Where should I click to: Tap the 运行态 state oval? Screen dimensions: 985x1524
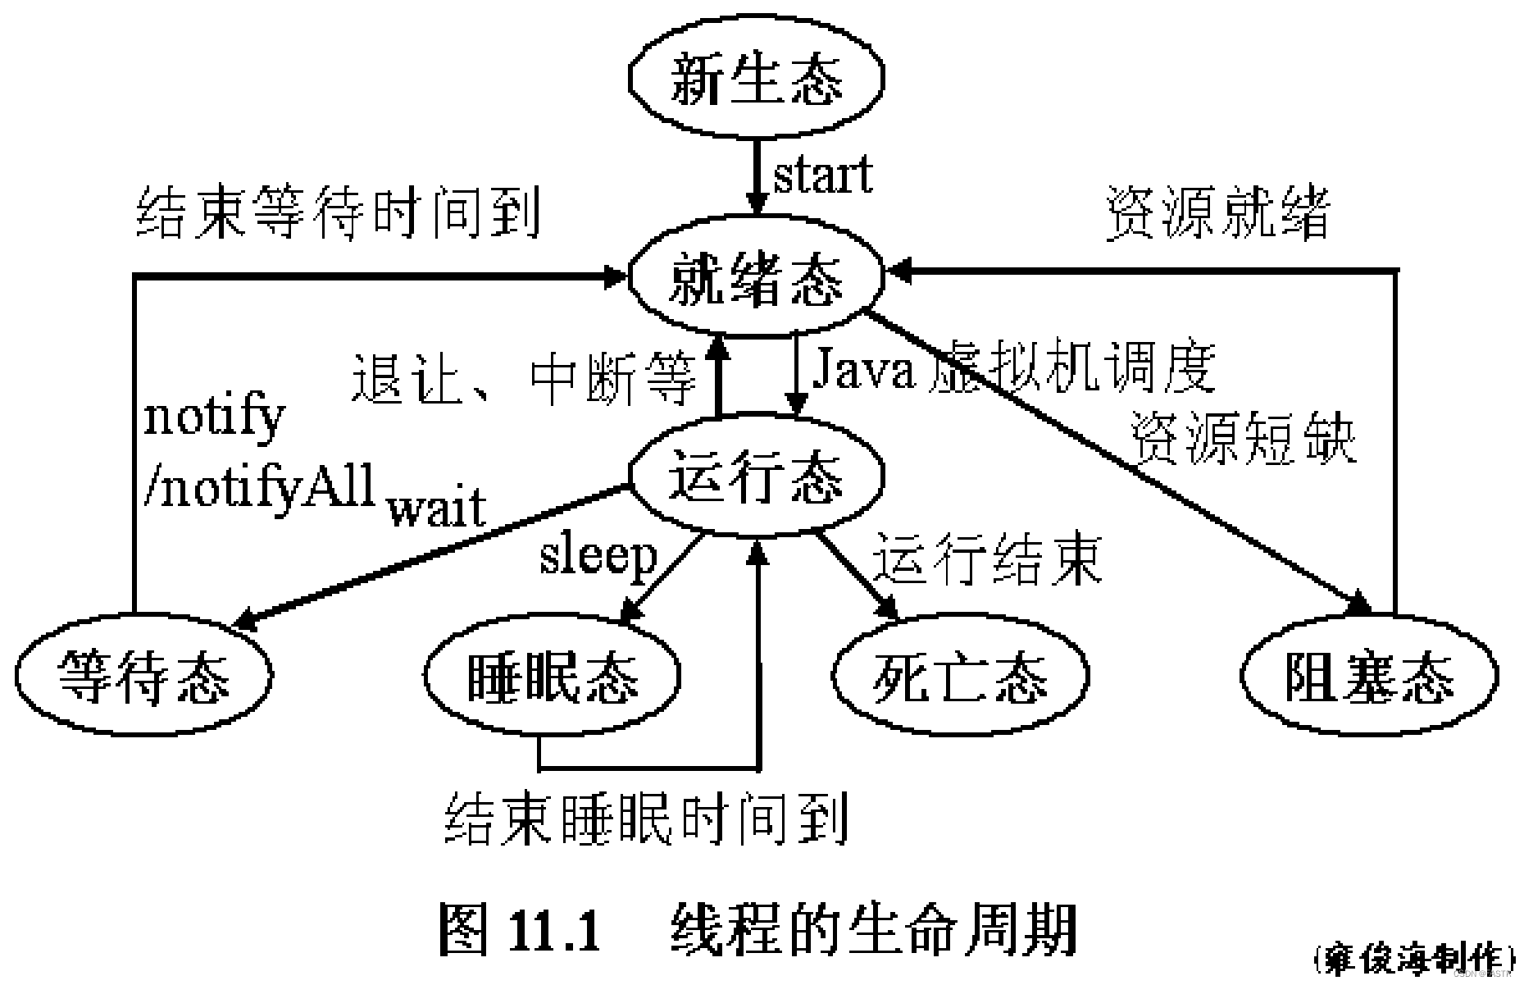tap(756, 478)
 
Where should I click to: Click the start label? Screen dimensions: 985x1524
tap(822, 175)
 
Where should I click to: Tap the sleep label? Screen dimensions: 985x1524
tap(598, 556)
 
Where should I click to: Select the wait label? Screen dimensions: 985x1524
tap(437, 508)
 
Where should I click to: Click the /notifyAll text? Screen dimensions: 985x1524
tap(259, 486)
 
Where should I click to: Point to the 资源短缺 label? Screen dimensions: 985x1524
tap(1243, 439)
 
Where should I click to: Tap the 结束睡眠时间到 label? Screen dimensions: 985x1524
tap(646, 818)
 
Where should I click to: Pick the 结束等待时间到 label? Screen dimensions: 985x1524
tap(338, 212)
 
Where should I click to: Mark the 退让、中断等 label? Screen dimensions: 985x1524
tap(523, 379)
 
